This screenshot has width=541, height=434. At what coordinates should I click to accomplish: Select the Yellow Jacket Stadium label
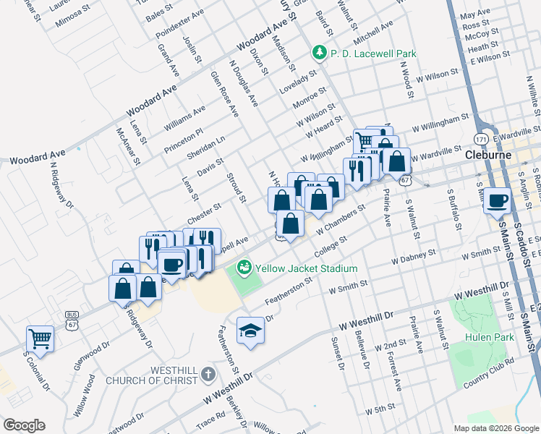307,268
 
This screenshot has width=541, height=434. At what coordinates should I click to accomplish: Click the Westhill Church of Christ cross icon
209,374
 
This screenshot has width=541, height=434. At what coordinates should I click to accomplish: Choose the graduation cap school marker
251,330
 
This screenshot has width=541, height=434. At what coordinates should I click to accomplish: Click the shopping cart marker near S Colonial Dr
41,338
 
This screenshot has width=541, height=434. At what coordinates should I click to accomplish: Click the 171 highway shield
482,137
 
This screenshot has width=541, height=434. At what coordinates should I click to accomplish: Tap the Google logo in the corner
24,425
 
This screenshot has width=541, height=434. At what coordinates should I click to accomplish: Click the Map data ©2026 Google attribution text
495,428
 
